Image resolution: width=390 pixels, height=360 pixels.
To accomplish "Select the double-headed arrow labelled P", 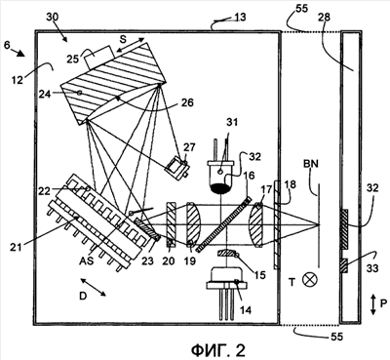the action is [372, 303].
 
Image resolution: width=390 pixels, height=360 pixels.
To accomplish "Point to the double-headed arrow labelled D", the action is [93, 287].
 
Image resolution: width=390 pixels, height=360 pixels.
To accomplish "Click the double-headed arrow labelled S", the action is [130, 45].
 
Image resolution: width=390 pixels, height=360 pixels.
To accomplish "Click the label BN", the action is [311, 164].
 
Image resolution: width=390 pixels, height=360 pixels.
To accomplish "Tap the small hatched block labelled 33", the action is [343, 265].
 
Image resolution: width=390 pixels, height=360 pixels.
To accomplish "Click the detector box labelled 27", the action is [176, 168].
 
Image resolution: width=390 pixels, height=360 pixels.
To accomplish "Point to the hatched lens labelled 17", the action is [255, 224].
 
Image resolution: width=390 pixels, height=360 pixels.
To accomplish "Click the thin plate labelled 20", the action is [171, 224].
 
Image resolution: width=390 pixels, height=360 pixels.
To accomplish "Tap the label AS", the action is [86, 260].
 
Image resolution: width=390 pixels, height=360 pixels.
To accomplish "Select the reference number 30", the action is [53, 17].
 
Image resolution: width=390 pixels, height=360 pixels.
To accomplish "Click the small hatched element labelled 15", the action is [227, 253].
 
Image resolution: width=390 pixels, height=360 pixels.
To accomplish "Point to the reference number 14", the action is [246, 310].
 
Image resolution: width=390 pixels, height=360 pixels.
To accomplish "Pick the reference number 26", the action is [187, 102].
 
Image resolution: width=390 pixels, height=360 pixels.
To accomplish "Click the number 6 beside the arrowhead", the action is [7, 45].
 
